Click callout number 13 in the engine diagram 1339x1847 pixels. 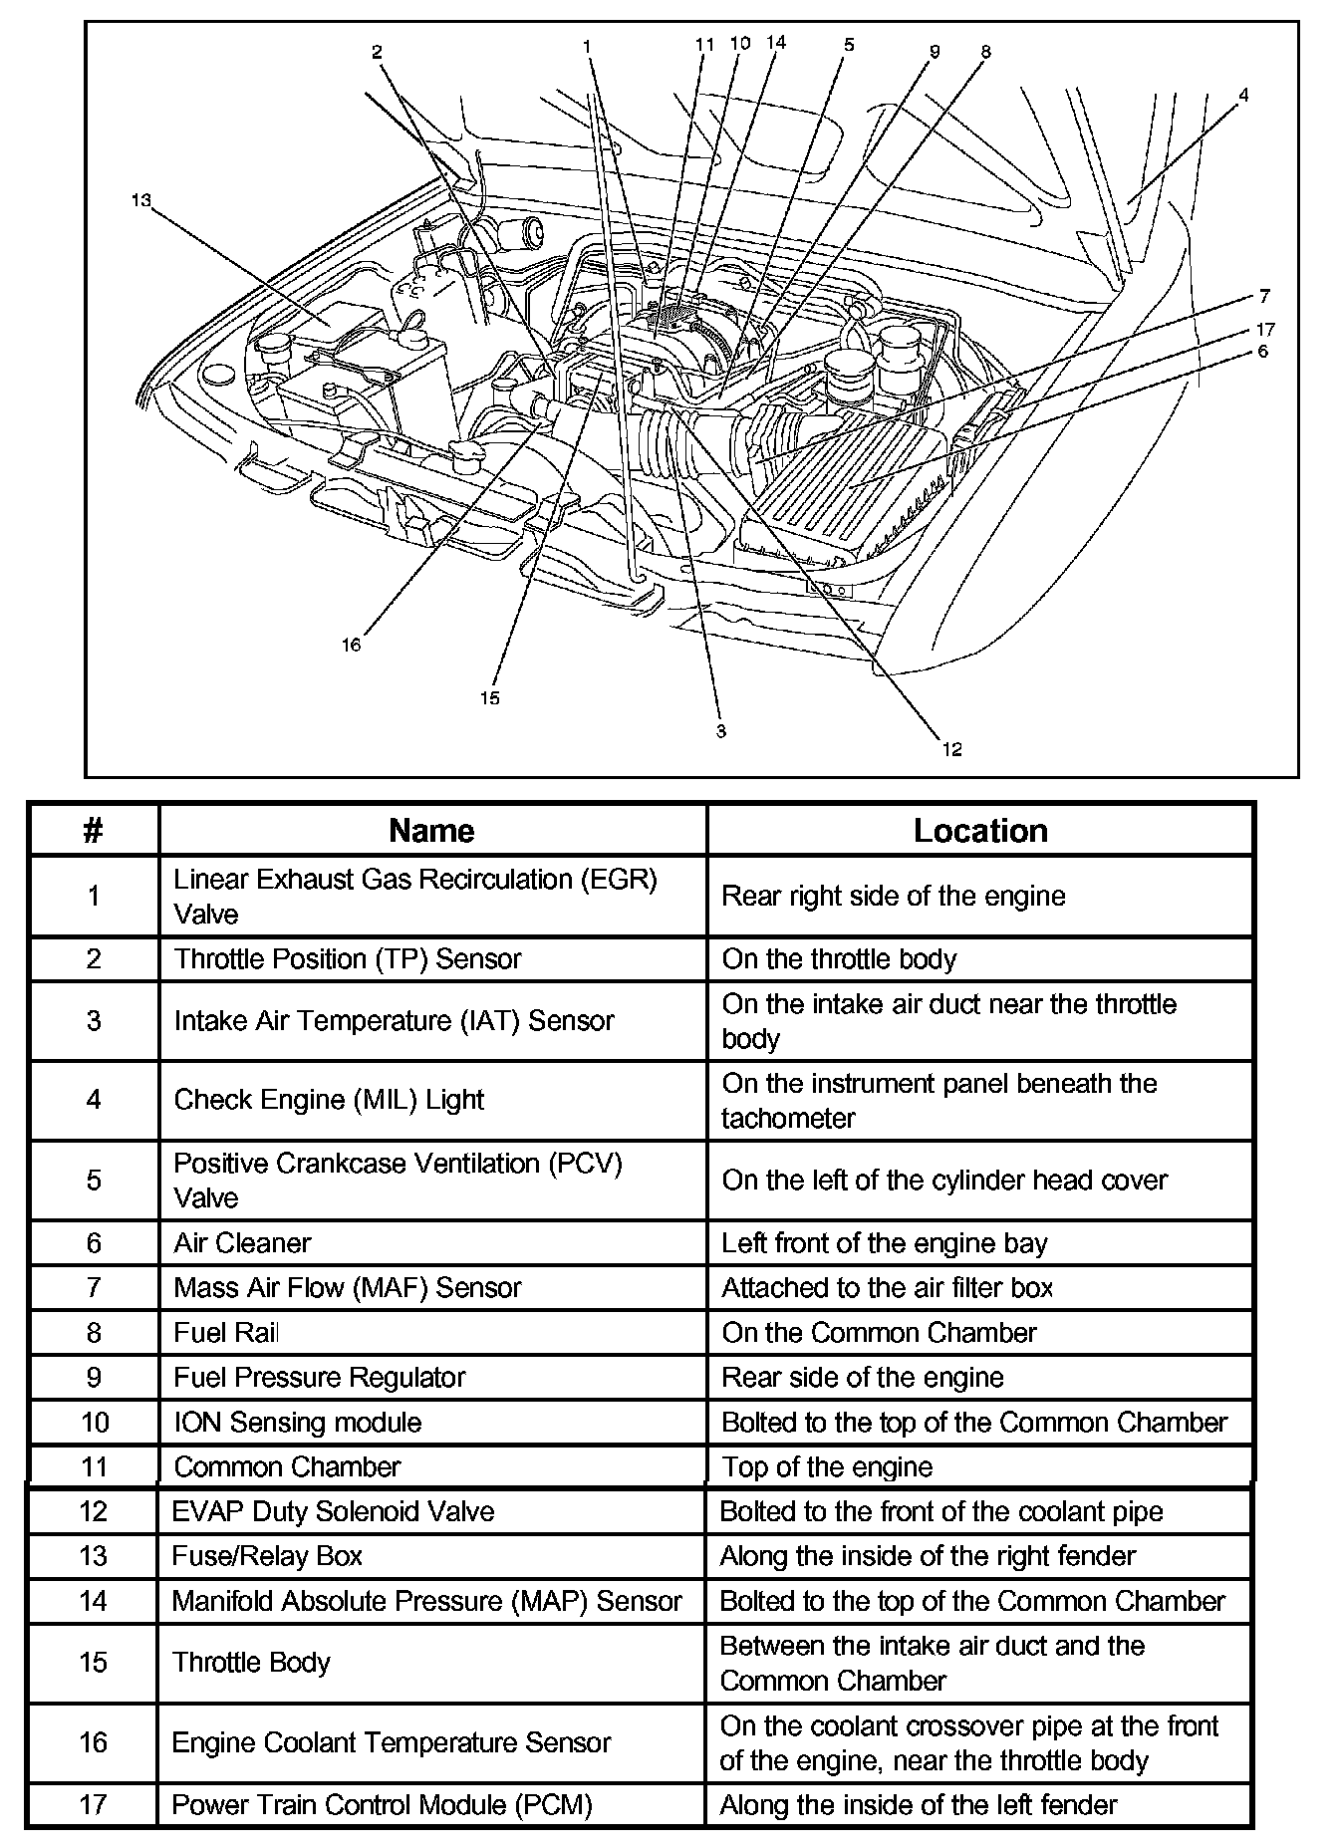140,200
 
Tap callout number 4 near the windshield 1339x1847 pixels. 1242,96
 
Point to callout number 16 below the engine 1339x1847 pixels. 351,645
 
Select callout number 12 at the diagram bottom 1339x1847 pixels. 952,749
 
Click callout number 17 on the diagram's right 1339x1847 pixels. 1265,329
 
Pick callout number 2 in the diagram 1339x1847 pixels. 377,52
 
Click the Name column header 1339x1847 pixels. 431,831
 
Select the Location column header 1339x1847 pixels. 980,831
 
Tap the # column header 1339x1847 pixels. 94,831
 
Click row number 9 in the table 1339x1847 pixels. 94,1377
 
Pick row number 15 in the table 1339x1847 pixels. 93,1663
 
